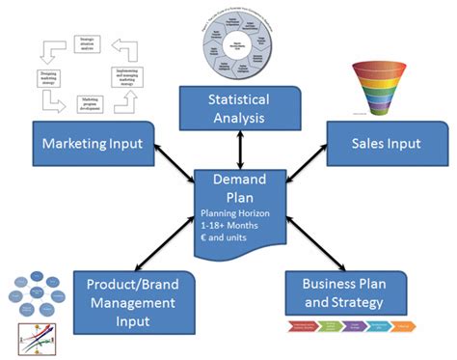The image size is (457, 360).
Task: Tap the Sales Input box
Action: [385, 144]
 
